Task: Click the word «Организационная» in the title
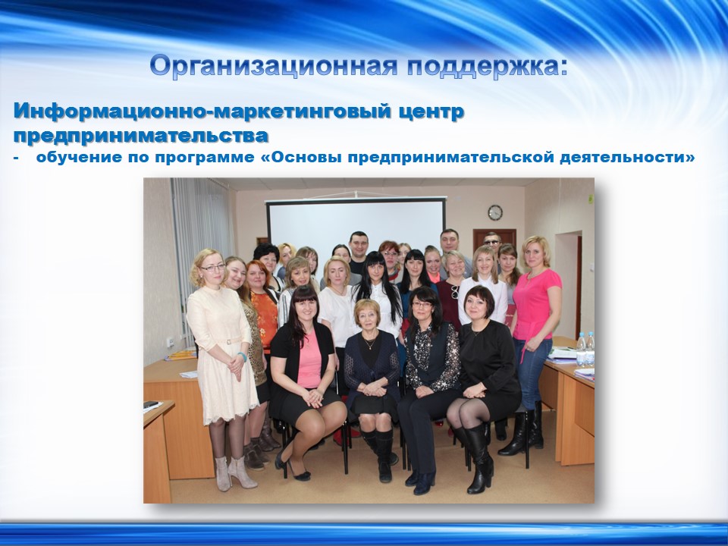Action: [274, 66]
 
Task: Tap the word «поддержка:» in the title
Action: [488, 66]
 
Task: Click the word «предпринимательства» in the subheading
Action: [141, 136]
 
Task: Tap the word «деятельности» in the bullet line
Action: [627, 158]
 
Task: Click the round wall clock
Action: [495, 212]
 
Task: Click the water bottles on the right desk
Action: [585, 348]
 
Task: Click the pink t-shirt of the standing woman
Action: [536, 303]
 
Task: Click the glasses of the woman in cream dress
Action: [212, 268]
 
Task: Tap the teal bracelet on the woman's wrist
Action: [243, 356]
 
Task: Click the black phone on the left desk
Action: [152, 404]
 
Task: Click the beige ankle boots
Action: [235, 472]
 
